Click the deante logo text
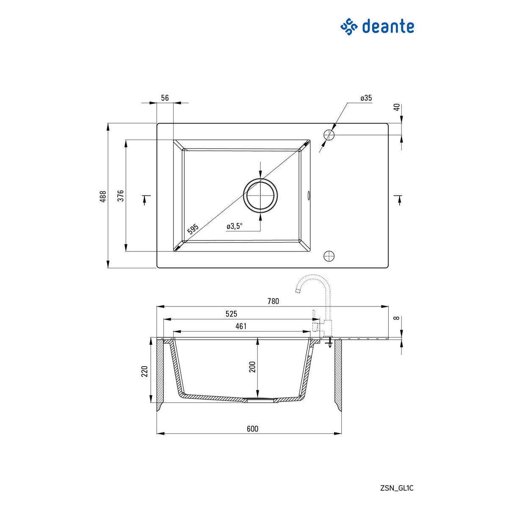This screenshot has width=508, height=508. pyautogui.click(x=388, y=27)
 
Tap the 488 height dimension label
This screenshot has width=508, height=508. pyautogui.click(x=103, y=196)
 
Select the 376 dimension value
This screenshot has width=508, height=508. pyautogui.click(x=121, y=196)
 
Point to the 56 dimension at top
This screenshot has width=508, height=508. pyautogui.click(x=165, y=98)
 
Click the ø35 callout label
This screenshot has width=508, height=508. pyautogui.click(x=366, y=98)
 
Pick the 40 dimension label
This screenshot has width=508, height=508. pyautogui.click(x=397, y=107)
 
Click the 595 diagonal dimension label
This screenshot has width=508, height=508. pyautogui.click(x=193, y=229)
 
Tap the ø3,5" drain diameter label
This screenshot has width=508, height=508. pyautogui.click(x=234, y=226)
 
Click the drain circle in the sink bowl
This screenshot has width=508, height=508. pyautogui.click(x=260, y=195)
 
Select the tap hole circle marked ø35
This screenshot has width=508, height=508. pyautogui.click(x=329, y=135)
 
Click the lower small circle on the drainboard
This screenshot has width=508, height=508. pyautogui.click(x=329, y=256)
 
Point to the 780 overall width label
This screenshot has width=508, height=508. pyautogui.click(x=273, y=301)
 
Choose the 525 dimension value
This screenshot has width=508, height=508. pyautogui.click(x=231, y=314)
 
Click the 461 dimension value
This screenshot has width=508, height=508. pyautogui.click(x=241, y=326)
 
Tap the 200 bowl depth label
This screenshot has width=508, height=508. pyautogui.click(x=252, y=367)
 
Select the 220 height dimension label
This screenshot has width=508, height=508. pyautogui.click(x=144, y=371)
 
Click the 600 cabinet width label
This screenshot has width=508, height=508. pyautogui.click(x=252, y=429)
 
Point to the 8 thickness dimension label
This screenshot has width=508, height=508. pyautogui.click(x=397, y=318)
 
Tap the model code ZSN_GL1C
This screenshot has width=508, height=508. pyautogui.click(x=397, y=488)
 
